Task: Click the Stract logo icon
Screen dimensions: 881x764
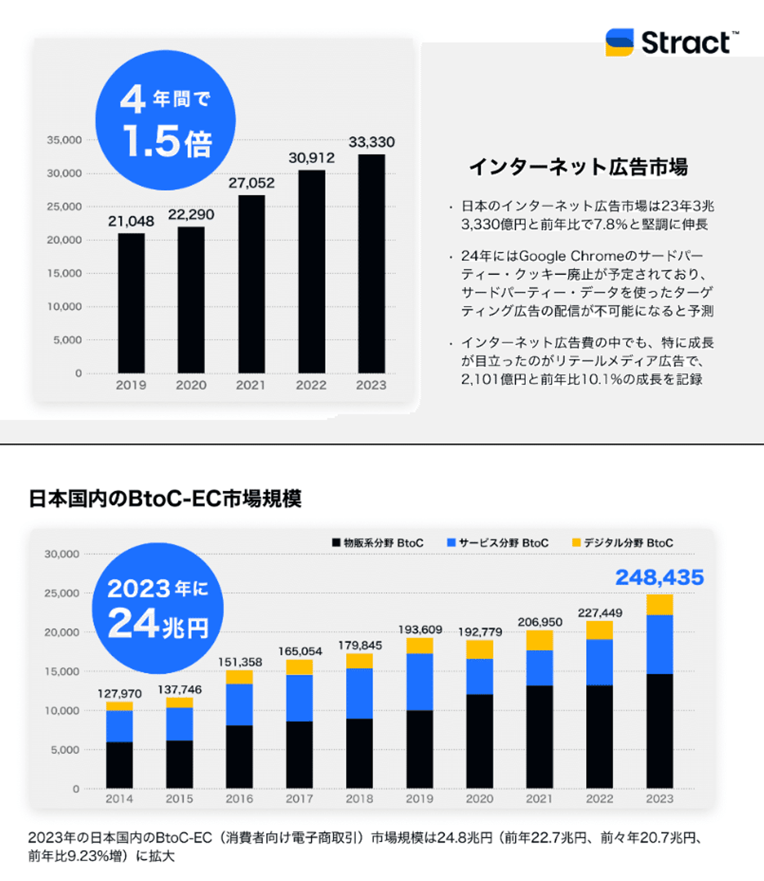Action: [619, 42]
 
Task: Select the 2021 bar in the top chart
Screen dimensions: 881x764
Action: [251, 284]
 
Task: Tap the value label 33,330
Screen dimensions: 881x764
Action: [371, 142]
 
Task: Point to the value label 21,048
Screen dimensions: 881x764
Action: [131, 221]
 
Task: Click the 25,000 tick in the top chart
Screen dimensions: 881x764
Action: [64, 207]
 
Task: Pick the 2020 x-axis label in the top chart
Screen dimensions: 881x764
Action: [191, 385]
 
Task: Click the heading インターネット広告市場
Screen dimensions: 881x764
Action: [578, 167]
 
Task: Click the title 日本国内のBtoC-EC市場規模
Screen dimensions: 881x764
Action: [165, 498]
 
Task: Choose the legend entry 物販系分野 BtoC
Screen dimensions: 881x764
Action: [378, 543]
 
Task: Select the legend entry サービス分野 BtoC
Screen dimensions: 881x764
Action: [498, 543]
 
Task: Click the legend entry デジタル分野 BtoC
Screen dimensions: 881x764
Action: [622, 543]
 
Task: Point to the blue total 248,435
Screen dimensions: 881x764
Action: [659, 577]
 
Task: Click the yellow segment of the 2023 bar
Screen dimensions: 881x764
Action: [659, 605]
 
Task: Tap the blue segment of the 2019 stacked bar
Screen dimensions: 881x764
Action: [420, 682]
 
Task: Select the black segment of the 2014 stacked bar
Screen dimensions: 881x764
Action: [119, 765]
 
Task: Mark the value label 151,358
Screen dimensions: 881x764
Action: [240, 662]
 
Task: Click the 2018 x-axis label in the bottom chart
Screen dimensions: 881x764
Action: [360, 799]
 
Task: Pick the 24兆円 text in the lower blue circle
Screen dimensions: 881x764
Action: [158, 624]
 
